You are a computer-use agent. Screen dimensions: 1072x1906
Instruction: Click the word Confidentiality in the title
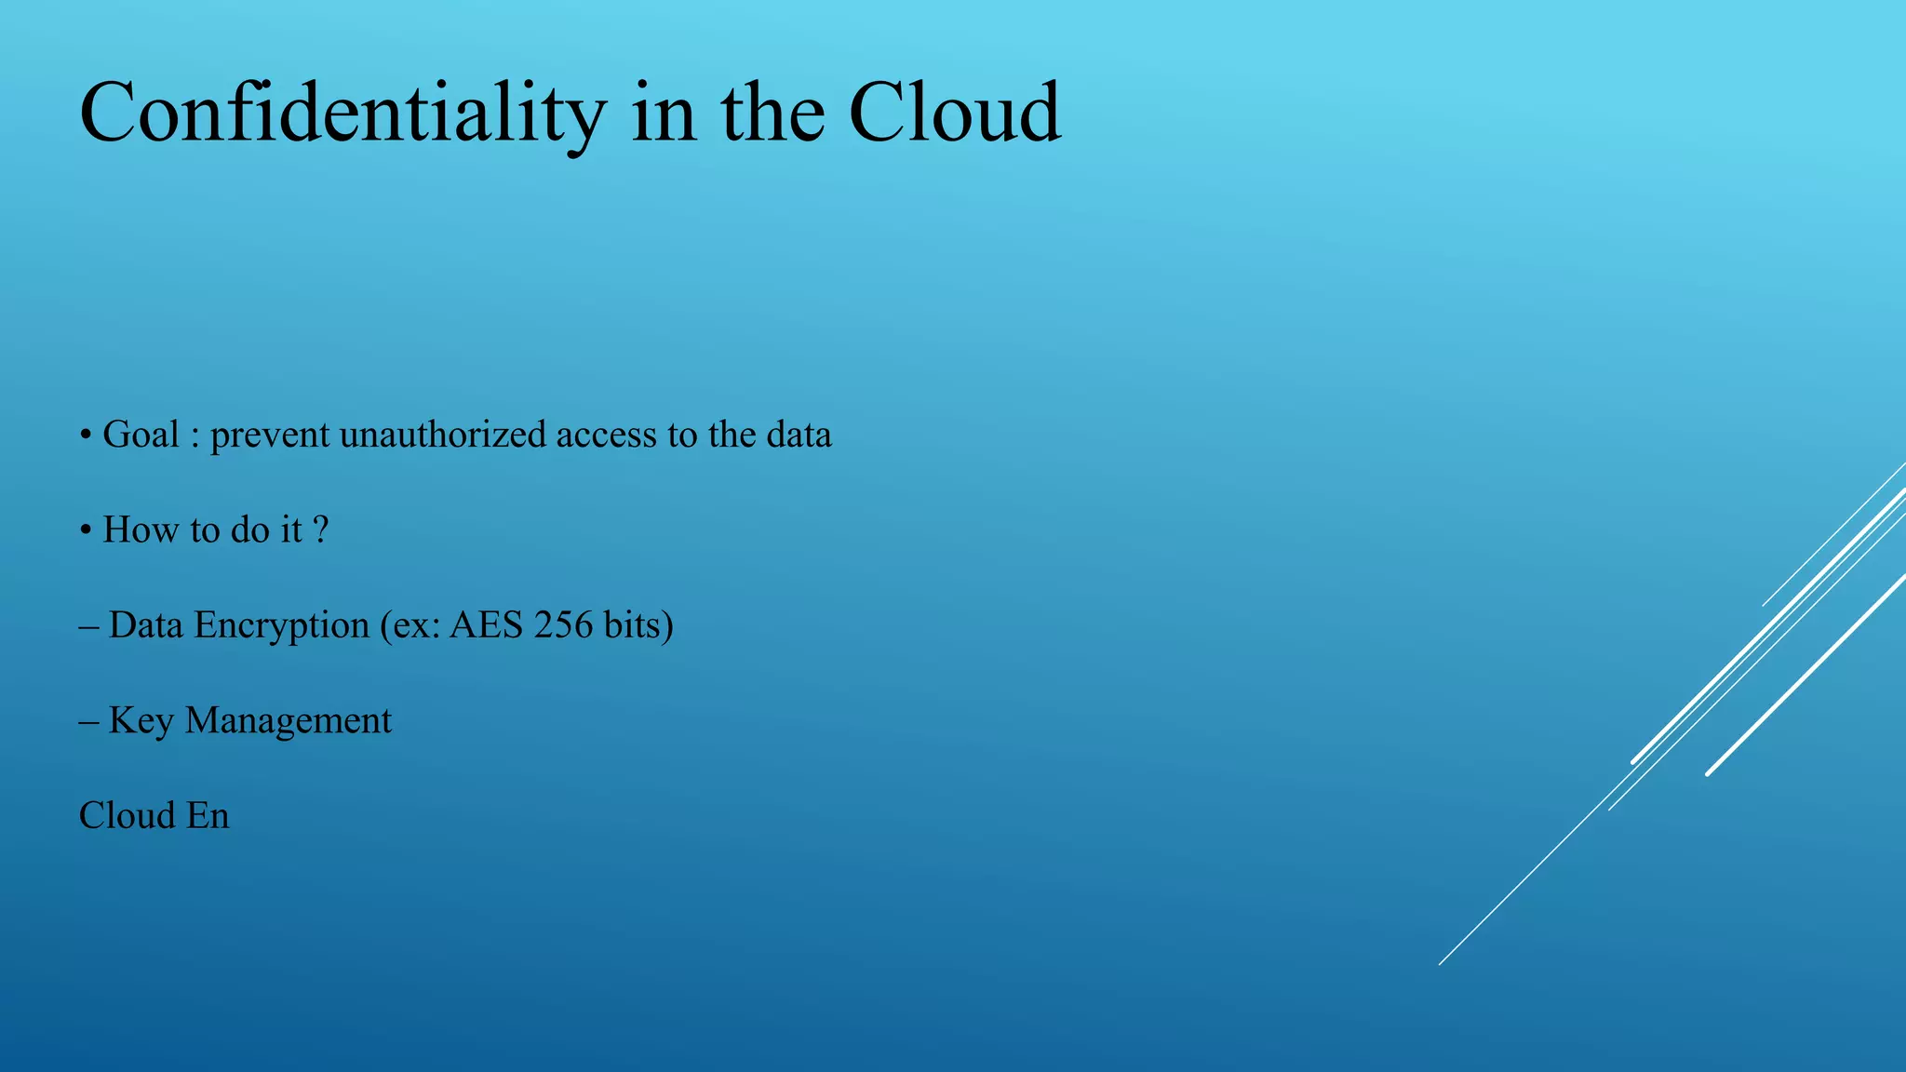(342, 114)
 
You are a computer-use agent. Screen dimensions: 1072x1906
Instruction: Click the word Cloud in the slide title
(954, 114)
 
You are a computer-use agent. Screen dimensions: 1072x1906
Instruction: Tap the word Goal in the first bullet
(141, 435)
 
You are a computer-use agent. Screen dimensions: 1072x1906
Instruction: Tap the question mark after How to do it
(320, 529)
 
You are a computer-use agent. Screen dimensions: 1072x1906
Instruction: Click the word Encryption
(281, 626)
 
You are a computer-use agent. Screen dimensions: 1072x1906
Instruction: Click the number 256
(563, 625)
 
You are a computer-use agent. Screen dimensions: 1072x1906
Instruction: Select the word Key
(141, 721)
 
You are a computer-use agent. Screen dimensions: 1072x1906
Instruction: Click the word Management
(289, 721)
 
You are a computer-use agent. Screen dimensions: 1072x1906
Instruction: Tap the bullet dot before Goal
(85, 436)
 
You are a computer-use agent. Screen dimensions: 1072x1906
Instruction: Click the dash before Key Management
(89, 721)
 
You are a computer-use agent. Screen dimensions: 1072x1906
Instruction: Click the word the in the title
(772, 114)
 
